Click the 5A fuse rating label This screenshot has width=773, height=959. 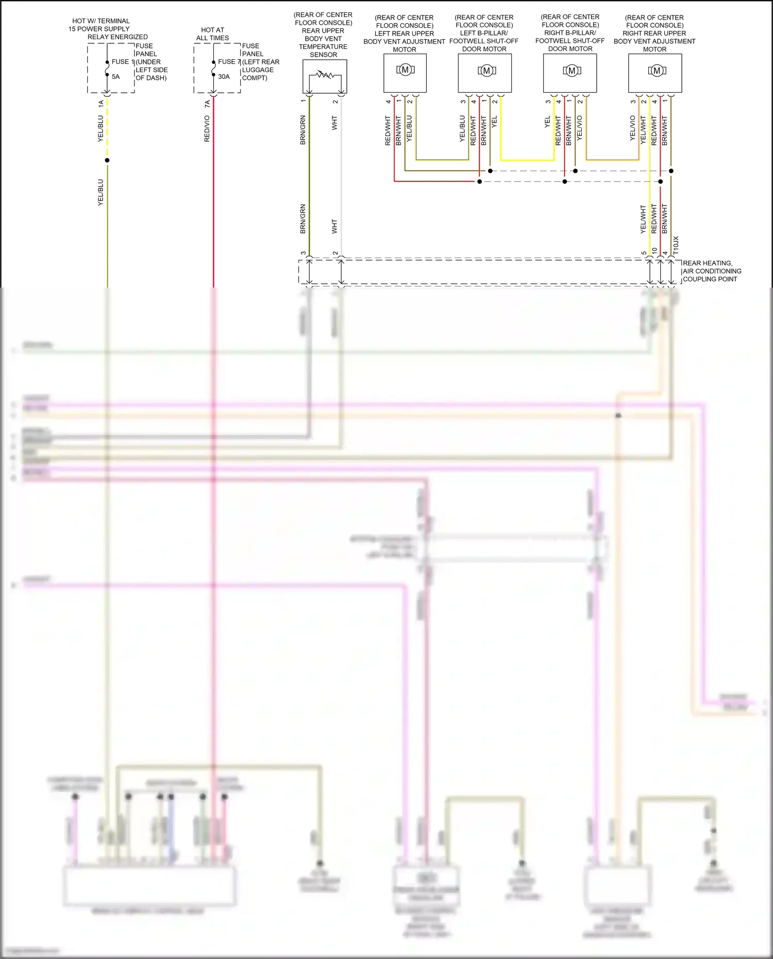(x=115, y=77)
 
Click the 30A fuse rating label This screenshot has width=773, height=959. (x=224, y=77)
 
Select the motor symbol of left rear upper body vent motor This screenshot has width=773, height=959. (x=405, y=70)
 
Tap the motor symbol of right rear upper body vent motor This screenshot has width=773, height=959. (x=657, y=71)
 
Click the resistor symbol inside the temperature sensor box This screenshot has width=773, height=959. (x=325, y=75)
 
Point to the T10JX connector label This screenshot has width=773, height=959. (x=676, y=245)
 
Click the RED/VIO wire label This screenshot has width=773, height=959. (x=207, y=129)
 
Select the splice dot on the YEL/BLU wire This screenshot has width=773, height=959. (x=107, y=160)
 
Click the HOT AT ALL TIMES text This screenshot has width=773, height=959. (x=212, y=34)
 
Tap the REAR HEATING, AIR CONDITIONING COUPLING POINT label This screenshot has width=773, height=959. (x=711, y=271)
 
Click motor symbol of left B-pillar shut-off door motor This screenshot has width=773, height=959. (x=486, y=71)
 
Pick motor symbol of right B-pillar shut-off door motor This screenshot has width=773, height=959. (x=572, y=71)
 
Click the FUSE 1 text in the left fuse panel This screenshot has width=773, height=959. (x=122, y=61)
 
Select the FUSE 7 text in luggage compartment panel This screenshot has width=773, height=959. (x=228, y=61)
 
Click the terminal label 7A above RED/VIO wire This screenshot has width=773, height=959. (x=207, y=104)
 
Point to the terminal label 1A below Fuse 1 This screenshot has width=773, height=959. (x=101, y=104)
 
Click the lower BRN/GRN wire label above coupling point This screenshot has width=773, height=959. (x=303, y=219)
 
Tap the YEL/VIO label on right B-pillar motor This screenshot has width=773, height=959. (x=579, y=128)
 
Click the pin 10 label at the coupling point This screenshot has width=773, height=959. (x=654, y=251)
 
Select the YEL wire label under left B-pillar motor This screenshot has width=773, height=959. (x=494, y=122)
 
